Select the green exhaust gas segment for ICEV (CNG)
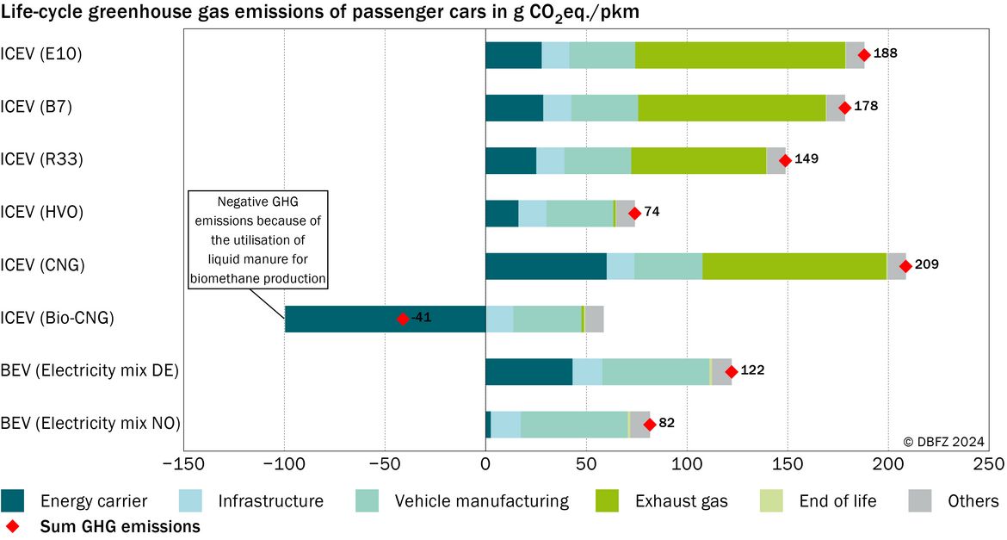(x=794, y=266)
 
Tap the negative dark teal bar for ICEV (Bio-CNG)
(x=386, y=319)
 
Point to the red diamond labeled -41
(x=402, y=319)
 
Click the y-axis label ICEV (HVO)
(x=42, y=212)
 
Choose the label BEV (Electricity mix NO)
(x=90, y=424)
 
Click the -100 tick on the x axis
(x=284, y=464)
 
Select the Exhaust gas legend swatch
(x=607, y=501)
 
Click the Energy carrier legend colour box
(x=12, y=501)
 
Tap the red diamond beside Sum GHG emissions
(x=11, y=526)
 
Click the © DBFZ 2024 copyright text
(x=943, y=442)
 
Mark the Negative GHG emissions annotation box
(x=258, y=239)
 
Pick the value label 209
(x=927, y=264)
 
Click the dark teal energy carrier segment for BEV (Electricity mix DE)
(x=529, y=371)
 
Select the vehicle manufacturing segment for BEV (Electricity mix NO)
(x=574, y=425)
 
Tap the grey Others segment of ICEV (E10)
(x=855, y=55)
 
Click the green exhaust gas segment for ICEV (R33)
(x=699, y=161)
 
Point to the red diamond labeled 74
(x=634, y=214)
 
